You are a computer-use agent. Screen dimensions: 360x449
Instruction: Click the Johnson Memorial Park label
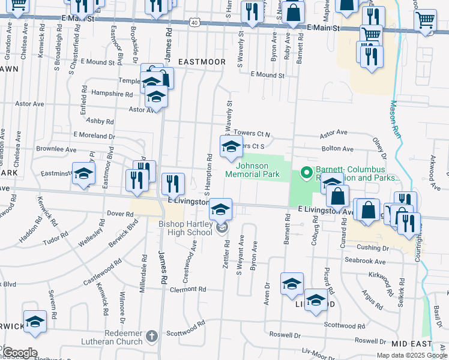[253, 170]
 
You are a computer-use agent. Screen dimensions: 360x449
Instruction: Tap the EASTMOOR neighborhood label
[202, 62]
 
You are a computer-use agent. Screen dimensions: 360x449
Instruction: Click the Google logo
[19, 352]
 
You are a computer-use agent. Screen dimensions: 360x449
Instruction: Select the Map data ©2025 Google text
[411, 356]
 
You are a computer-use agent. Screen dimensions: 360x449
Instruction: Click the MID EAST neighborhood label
[411, 344]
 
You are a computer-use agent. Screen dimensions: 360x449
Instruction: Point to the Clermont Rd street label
[188, 289]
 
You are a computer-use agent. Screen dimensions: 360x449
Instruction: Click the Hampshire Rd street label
[112, 94]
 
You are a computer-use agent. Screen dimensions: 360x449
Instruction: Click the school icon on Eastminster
[83, 173]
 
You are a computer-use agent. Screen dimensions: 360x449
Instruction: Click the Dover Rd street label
[120, 214]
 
